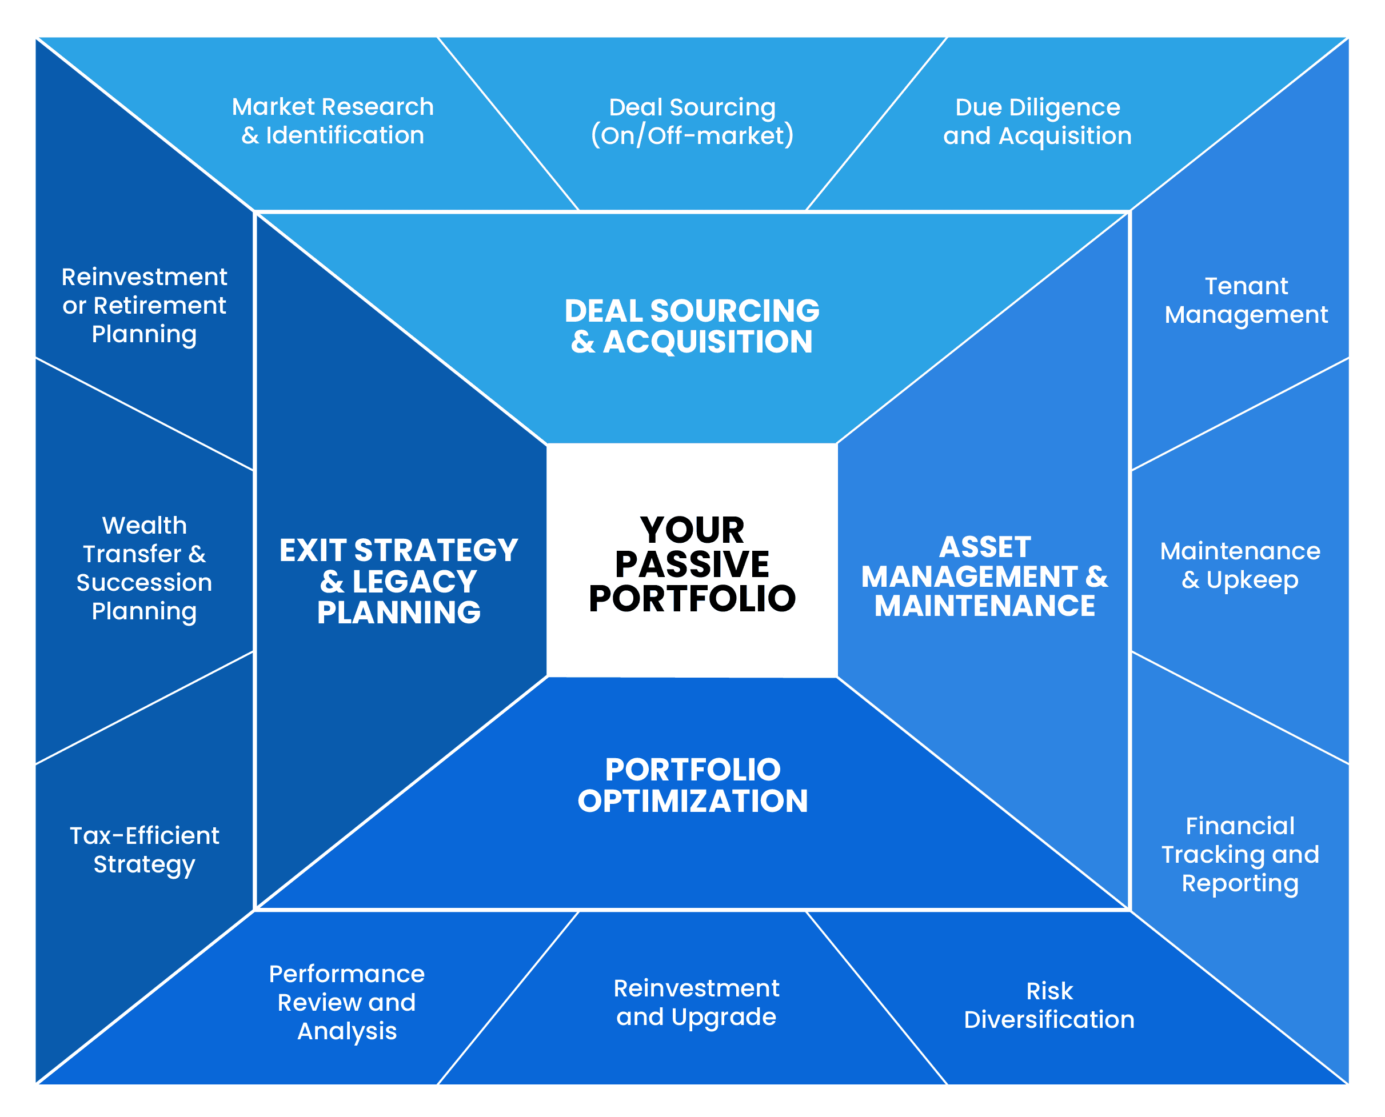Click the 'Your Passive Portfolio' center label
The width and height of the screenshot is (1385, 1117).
pyautogui.click(x=692, y=564)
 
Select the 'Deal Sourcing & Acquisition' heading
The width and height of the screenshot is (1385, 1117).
pyautogui.click(x=692, y=326)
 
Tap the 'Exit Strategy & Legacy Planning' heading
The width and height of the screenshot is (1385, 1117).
pyautogui.click(x=398, y=581)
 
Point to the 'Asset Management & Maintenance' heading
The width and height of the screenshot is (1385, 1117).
pyautogui.click(x=984, y=576)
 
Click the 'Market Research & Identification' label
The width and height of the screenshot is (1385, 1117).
pyautogui.click(x=333, y=121)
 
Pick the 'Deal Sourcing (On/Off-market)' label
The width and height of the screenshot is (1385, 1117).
pyautogui.click(x=692, y=121)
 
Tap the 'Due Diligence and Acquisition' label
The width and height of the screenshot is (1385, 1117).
pyautogui.click(x=1037, y=121)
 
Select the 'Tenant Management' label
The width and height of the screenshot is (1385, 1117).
pyautogui.click(x=1246, y=300)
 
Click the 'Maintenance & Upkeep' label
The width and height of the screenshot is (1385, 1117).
pyautogui.click(x=1240, y=565)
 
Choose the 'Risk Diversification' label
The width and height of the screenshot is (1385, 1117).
pyautogui.click(x=1049, y=1005)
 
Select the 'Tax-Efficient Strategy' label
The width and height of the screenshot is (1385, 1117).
pyautogui.click(x=144, y=850)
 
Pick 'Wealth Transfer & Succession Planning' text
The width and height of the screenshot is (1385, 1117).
pyautogui.click(x=144, y=568)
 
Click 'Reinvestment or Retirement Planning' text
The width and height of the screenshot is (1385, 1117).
pyautogui.click(x=144, y=305)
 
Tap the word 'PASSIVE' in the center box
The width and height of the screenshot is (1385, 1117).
pyautogui.click(x=692, y=564)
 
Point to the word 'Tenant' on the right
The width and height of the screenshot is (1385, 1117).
pyautogui.click(x=1246, y=286)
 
